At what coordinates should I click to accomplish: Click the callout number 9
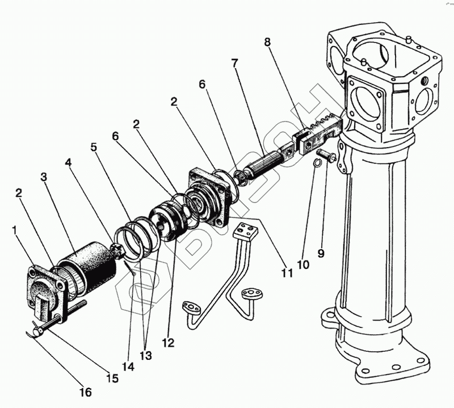click(x=321, y=254)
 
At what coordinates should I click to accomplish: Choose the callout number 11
click(x=287, y=273)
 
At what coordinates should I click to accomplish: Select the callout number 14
click(x=128, y=367)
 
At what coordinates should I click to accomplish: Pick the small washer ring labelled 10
click(x=319, y=164)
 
